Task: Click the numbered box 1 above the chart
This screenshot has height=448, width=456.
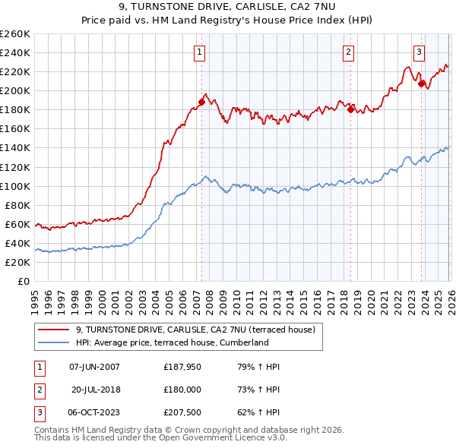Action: pos(199,52)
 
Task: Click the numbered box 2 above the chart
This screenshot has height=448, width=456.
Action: pos(348,52)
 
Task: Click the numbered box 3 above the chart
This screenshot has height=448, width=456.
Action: pos(419,52)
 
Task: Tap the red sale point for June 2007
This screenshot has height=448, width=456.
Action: pos(201,102)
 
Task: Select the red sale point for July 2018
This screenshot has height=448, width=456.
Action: pos(350,109)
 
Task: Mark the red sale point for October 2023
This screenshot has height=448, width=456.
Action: pos(421,84)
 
